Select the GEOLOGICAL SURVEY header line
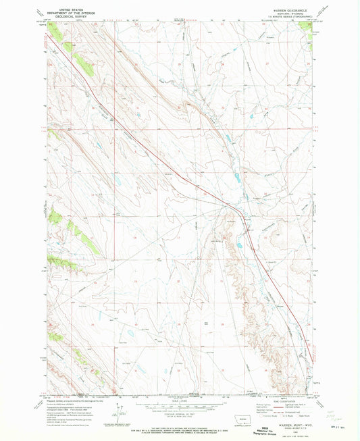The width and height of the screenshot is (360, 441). pyautogui.click(x=66, y=16)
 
